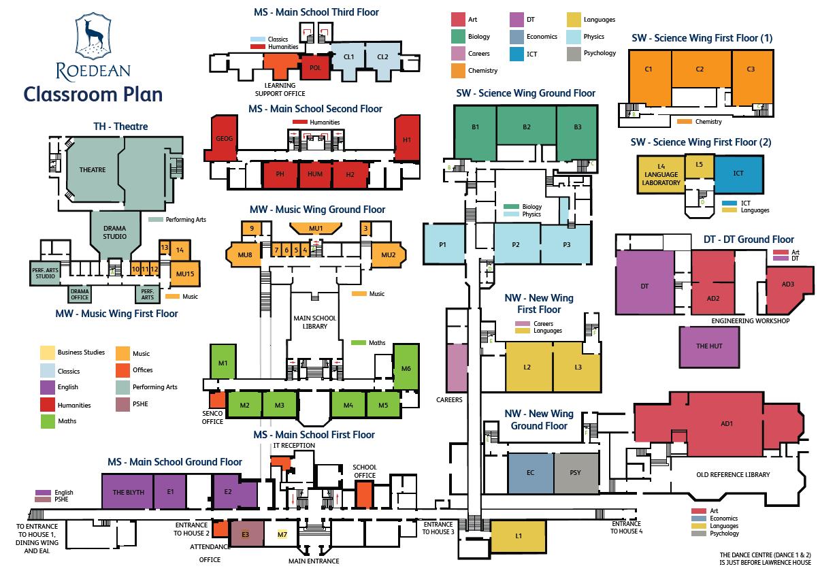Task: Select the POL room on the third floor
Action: (x=314, y=67)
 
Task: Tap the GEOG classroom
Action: (x=224, y=139)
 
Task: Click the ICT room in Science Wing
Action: (x=738, y=174)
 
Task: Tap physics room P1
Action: (x=443, y=244)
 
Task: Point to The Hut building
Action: (x=708, y=346)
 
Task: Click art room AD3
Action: (x=788, y=284)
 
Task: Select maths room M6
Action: (x=406, y=367)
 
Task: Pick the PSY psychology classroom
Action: (x=575, y=472)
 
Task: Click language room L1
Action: (x=518, y=536)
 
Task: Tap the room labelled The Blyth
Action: (x=128, y=492)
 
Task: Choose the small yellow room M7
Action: (x=282, y=535)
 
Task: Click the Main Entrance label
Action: (x=313, y=561)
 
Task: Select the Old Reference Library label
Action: (x=732, y=474)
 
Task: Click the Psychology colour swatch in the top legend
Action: (x=573, y=53)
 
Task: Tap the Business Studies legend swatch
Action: (x=47, y=352)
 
